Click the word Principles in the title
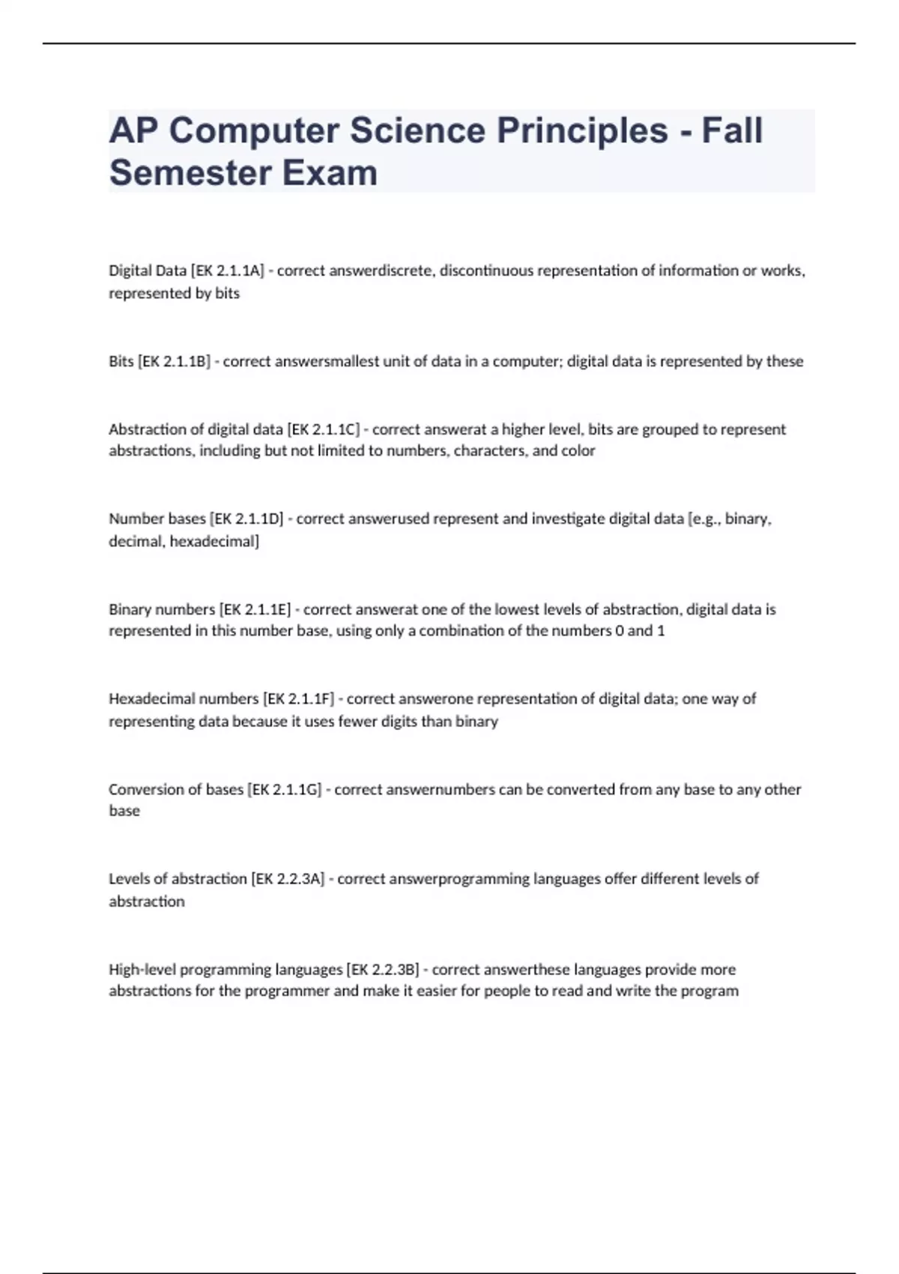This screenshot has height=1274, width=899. coord(582,130)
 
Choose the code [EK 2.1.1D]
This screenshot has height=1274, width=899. coord(246,519)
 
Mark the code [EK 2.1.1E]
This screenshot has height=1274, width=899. coord(255,609)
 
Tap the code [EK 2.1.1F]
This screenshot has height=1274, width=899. coord(298,699)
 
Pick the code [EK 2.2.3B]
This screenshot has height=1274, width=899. coord(382,969)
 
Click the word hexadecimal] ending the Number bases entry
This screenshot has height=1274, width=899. coord(214,541)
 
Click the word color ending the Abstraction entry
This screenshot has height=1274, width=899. coord(578,451)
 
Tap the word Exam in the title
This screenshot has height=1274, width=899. coord(330,173)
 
